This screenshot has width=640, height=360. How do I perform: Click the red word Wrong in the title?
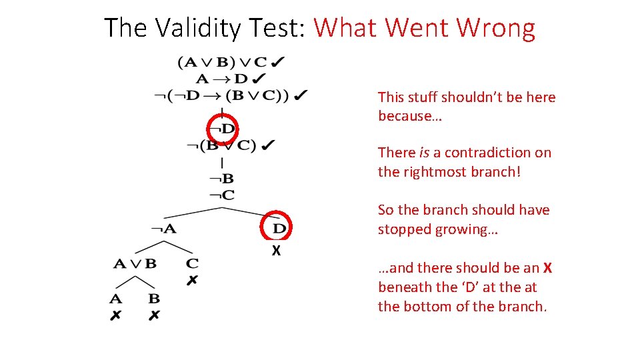[496, 28]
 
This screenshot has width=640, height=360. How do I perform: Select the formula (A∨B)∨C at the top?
[222, 63]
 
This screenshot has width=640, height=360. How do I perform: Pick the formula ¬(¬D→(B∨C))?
[222, 95]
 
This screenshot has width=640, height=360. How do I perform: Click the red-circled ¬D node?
[223, 128]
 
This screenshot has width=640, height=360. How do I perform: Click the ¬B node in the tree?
[221, 179]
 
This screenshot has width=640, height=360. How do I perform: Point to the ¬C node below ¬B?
[221, 195]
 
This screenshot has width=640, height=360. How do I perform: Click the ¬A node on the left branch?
[163, 229]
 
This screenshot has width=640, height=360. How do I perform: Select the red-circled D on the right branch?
[279, 228]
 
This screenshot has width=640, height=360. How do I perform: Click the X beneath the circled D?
[275, 251]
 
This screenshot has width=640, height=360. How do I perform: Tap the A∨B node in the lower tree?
[135, 263]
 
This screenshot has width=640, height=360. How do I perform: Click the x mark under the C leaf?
[192, 281]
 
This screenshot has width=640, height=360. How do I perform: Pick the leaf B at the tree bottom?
[154, 299]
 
